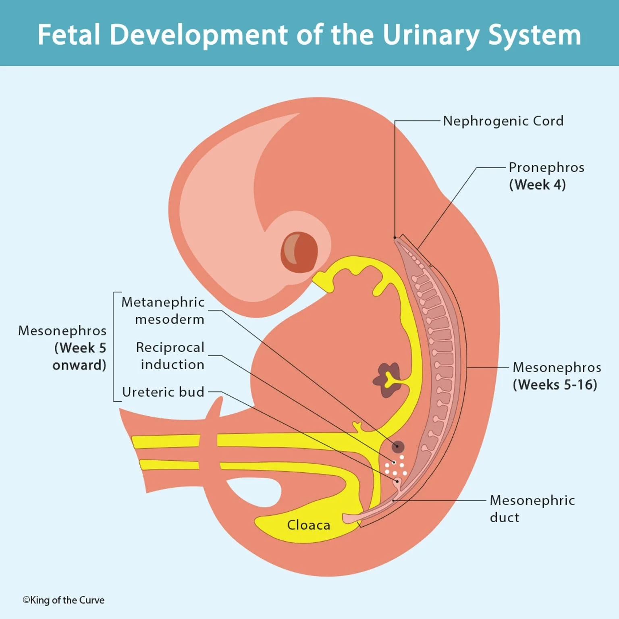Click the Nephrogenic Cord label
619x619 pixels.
[x=503, y=121]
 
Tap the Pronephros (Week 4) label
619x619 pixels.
[x=546, y=176]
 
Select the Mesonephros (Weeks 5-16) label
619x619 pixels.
[x=557, y=376]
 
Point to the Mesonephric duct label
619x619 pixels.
[x=532, y=509]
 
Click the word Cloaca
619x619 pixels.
[x=308, y=525]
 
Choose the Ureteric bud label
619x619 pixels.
[x=163, y=392]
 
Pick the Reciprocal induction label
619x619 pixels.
[x=170, y=355]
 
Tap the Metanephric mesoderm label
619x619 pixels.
[x=163, y=310]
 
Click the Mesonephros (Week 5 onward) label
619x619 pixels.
[x=62, y=347]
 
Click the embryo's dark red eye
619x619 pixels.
[x=299, y=252]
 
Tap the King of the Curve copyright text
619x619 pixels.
[x=64, y=600]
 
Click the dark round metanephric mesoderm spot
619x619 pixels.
[x=398, y=447]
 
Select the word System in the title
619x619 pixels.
[x=534, y=35]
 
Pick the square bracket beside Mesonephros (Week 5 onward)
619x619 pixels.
[x=114, y=347]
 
